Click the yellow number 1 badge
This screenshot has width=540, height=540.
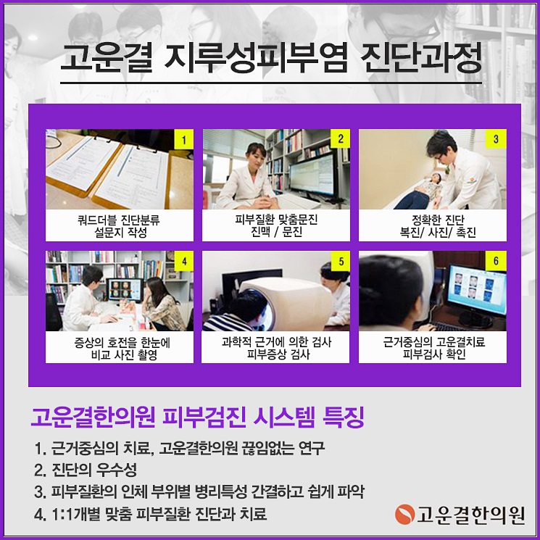click(185, 138)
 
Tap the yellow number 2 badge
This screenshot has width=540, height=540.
click(341, 138)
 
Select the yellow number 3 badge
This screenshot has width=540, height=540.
click(497, 138)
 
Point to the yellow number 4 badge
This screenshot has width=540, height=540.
click(185, 259)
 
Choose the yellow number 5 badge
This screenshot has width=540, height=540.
click(341, 259)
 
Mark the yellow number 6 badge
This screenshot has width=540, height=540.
click(497, 259)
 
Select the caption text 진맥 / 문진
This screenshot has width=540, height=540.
click(277, 232)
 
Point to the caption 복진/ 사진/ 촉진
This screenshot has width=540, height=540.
click(433, 232)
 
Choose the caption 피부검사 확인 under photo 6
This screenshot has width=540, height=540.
click(433, 355)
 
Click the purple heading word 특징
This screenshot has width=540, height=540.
click(339, 418)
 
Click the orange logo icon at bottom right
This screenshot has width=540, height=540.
click(404, 515)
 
